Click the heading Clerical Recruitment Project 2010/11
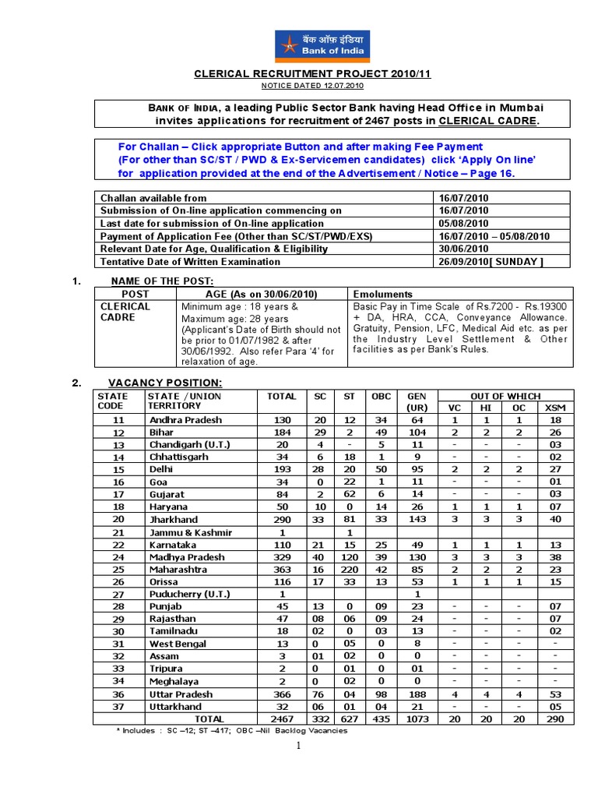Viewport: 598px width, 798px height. pyautogui.click(x=312, y=74)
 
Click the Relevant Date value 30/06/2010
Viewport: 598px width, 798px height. pyautogui.click(x=463, y=249)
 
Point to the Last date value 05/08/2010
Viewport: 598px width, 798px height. pyautogui.click(x=463, y=223)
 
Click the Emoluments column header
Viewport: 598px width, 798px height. pyautogui.click(x=383, y=295)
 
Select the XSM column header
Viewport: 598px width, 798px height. pyautogui.click(x=554, y=408)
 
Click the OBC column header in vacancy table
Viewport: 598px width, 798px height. pyautogui.click(x=381, y=397)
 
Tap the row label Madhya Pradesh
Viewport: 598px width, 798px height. pyautogui.click(x=187, y=557)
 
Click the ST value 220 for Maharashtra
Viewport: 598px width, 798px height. pyautogui.click(x=349, y=570)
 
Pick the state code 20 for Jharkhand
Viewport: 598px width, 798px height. pyautogui.click(x=118, y=520)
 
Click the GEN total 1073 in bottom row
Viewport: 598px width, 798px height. pyautogui.click(x=417, y=719)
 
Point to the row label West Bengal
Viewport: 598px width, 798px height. pyautogui.click(x=178, y=644)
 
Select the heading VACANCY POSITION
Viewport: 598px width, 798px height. pyautogui.click(x=165, y=383)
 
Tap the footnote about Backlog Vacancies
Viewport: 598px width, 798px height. pyautogui.click(x=231, y=731)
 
